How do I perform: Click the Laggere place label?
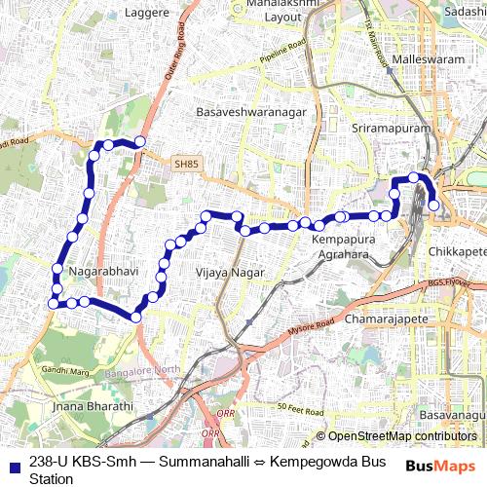147,13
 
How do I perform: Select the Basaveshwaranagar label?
251,112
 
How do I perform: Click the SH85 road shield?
185,166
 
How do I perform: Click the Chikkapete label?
457,251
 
